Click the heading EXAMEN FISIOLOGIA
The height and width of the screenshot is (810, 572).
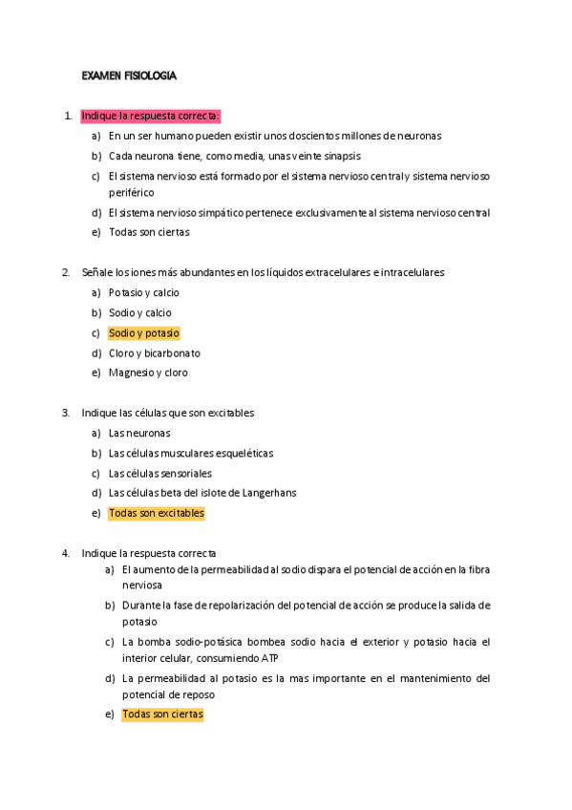click(129, 75)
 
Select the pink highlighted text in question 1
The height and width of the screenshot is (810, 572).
click(151, 117)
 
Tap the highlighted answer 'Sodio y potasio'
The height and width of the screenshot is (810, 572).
click(143, 333)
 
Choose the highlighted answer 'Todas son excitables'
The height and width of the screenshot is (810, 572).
click(156, 514)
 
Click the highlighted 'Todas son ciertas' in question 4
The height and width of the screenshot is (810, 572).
click(162, 714)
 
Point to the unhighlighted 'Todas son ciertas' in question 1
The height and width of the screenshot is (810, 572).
click(149, 232)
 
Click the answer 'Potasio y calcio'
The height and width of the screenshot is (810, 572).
click(143, 293)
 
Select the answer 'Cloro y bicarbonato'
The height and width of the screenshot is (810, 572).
click(154, 353)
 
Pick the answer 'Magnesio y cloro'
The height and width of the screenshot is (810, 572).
click(148, 373)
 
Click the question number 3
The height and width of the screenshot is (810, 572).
click(65, 414)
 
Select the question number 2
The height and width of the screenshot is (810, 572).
click(65, 273)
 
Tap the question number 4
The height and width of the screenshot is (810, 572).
click(65, 553)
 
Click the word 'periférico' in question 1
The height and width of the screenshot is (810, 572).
click(131, 192)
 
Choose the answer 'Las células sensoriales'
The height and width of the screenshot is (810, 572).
click(159, 474)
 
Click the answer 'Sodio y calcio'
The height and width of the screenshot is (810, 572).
click(139, 313)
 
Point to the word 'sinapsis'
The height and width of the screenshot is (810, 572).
click(341, 156)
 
